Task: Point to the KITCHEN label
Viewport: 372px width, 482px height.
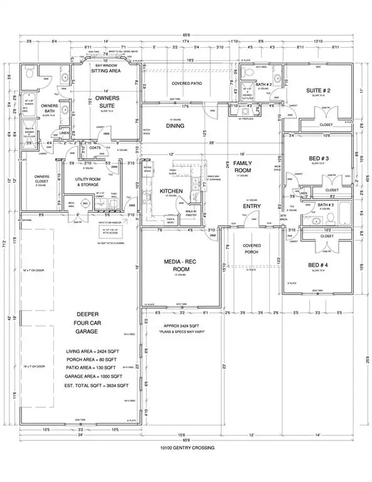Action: [171, 190]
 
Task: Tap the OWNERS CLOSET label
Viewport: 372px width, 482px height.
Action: [42, 179]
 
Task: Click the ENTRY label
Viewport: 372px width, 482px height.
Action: [251, 206]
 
